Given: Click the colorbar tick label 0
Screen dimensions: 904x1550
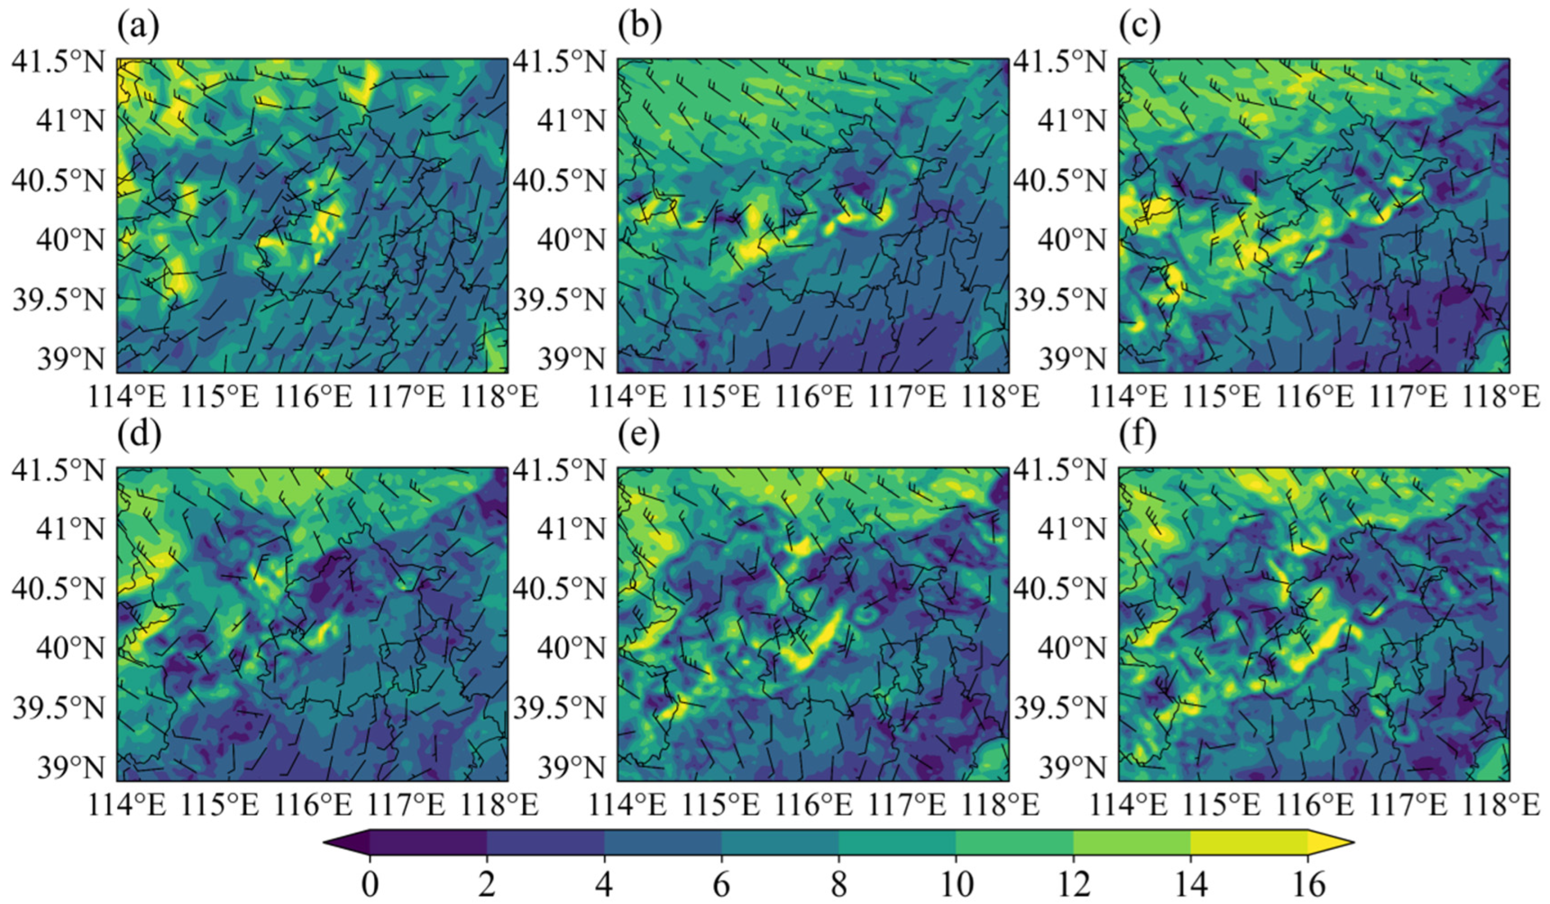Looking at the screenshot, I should [x=370, y=885].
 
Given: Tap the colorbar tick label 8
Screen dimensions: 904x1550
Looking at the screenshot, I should [x=839, y=885].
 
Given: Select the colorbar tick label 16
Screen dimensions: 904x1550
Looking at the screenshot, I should [x=1308, y=885].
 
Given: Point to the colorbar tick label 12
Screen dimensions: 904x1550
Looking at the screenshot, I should [x=1073, y=885].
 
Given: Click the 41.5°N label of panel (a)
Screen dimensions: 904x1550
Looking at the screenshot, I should [x=59, y=62].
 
